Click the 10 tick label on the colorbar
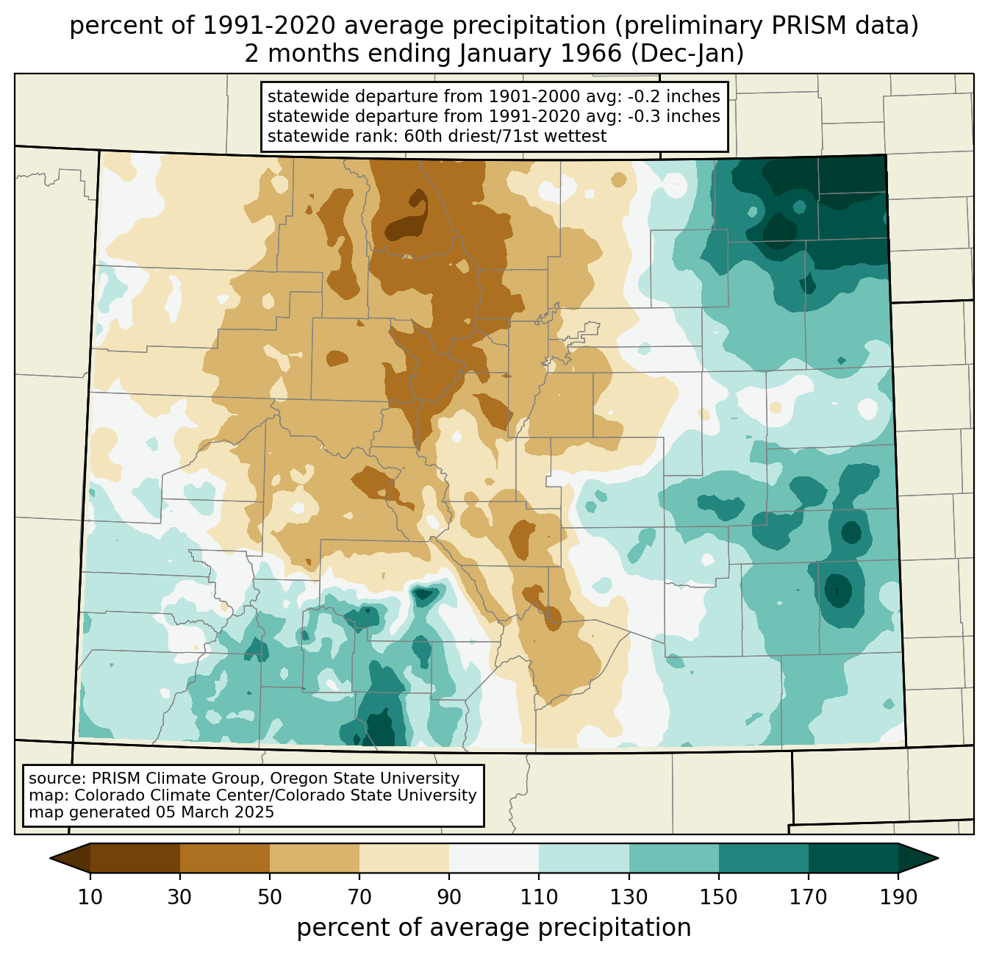(90, 898)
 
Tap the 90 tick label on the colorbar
(449, 898)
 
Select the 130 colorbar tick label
(629, 898)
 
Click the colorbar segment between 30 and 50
(225, 858)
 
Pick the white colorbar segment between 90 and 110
(494, 858)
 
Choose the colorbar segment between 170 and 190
(853, 858)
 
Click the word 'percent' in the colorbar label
(338, 928)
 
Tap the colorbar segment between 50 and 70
(315, 858)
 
